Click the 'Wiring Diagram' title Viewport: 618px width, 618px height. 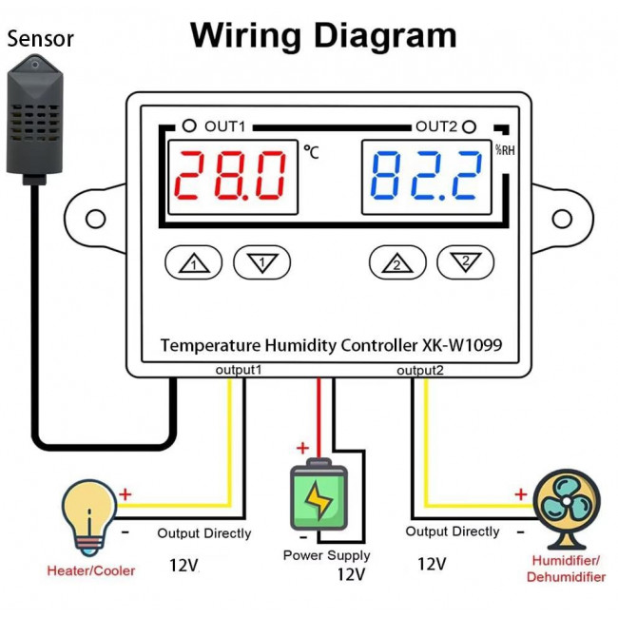click(x=323, y=35)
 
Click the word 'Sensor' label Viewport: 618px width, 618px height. click(x=39, y=39)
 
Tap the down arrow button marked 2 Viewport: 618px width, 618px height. click(x=465, y=261)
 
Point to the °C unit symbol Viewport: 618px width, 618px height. click(x=311, y=149)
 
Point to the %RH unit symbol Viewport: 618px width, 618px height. click(x=504, y=149)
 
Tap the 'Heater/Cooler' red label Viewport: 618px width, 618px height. click(x=91, y=570)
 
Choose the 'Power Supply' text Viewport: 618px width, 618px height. click(x=326, y=555)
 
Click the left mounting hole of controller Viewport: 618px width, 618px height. click(x=95, y=219)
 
